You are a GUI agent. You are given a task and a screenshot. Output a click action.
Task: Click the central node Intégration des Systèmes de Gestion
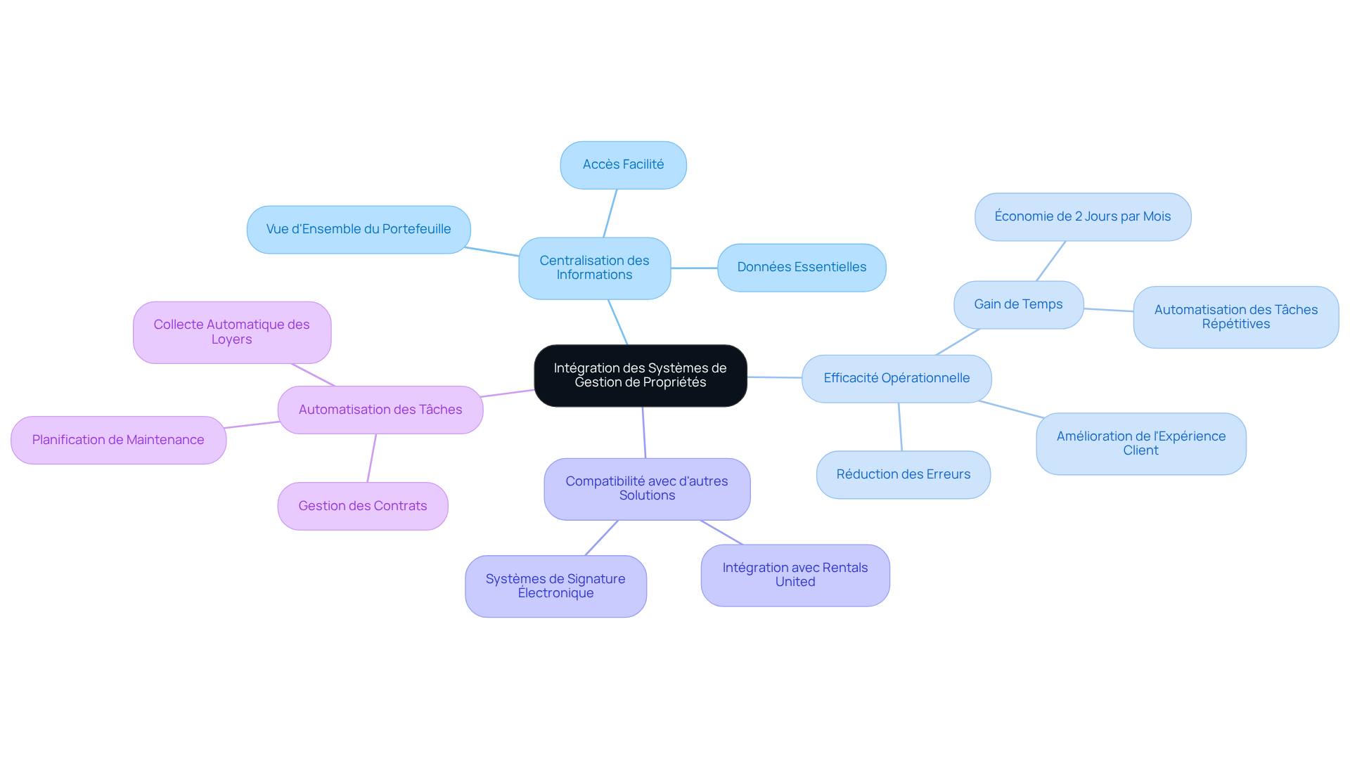[640, 375]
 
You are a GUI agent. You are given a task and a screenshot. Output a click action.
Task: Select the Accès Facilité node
[623, 165]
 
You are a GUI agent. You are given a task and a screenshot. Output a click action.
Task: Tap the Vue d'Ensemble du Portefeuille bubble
[359, 229]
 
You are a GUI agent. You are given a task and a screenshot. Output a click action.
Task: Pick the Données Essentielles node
[802, 267]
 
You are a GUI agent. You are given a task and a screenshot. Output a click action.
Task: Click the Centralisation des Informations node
[594, 268]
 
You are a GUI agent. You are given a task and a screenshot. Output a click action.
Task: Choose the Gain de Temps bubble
[1018, 304]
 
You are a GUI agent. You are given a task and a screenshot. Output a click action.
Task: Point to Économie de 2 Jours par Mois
[1082, 216]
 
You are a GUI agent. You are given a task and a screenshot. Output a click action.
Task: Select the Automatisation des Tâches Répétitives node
[1235, 317]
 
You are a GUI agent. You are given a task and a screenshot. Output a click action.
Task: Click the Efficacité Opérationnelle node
[896, 378]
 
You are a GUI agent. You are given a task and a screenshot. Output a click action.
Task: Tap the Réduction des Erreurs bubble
[903, 474]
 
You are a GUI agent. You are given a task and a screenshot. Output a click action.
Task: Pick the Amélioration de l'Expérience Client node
[1140, 443]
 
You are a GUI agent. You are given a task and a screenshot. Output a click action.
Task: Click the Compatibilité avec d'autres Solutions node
[647, 488]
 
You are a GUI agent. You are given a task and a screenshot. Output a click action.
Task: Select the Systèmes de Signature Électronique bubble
[555, 586]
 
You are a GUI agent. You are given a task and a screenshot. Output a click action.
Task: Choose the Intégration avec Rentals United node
[795, 575]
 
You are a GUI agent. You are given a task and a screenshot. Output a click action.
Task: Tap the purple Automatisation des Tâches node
[380, 410]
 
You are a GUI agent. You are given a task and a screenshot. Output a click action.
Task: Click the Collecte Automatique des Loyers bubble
[231, 332]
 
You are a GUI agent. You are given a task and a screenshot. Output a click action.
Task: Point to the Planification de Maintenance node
[118, 440]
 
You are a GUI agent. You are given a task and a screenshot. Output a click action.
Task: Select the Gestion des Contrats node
[363, 506]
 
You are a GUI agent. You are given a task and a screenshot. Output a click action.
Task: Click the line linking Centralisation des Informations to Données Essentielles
[694, 268]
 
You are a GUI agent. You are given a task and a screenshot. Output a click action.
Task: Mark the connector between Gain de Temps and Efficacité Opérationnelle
[958, 342]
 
